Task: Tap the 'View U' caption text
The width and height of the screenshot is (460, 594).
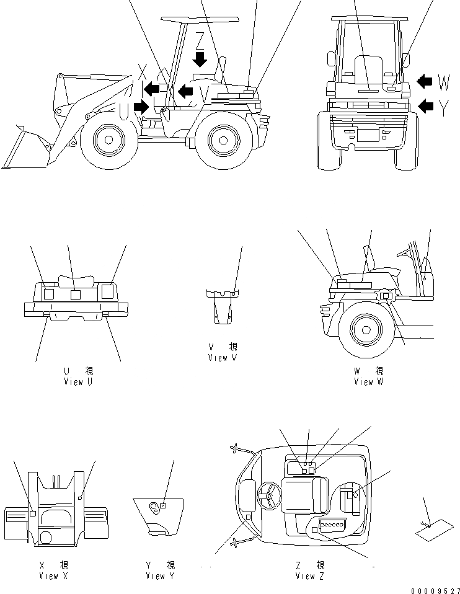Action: point(78,382)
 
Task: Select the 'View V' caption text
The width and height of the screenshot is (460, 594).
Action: point(223,358)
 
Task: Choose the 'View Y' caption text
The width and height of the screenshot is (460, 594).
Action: point(160,576)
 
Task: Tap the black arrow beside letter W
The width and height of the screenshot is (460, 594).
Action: point(425,81)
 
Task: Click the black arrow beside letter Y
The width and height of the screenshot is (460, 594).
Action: point(426,106)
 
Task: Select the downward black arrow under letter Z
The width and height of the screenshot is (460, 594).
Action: point(200,60)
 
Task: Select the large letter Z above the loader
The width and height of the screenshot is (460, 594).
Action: point(199,40)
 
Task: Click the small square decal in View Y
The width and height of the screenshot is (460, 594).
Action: point(162,505)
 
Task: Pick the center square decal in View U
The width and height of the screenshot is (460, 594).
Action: point(76,295)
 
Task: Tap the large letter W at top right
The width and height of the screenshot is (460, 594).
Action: point(444,82)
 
